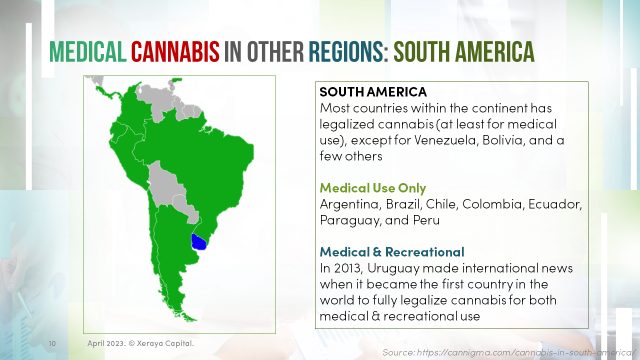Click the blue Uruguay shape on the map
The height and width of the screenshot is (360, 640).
pyautogui.click(x=199, y=242)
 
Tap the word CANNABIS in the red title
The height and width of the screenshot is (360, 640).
pyautogui.click(x=175, y=51)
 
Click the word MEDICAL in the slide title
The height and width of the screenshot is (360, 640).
pyautogui.click(x=87, y=51)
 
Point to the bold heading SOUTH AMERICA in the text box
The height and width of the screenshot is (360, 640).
pyautogui.click(x=373, y=92)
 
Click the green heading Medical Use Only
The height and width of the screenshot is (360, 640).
pyautogui.click(x=373, y=188)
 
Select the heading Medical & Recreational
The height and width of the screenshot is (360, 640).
pyautogui.click(x=392, y=251)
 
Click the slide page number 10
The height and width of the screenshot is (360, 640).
pyautogui.click(x=52, y=343)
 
